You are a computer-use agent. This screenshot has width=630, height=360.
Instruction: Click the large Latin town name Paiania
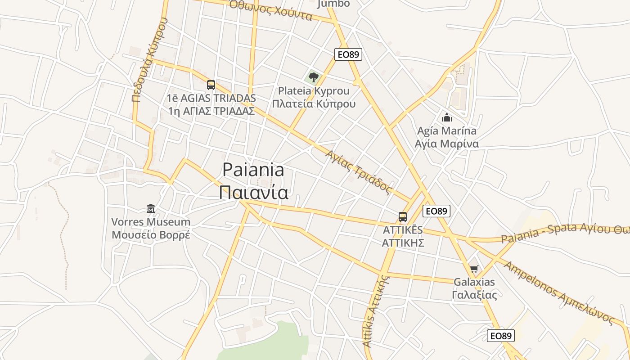pyautogui.click(x=253, y=170)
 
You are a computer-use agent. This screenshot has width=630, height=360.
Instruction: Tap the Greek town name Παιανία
pyautogui.click(x=253, y=192)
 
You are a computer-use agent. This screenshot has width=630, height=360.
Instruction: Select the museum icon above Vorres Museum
pyautogui.click(x=151, y=208)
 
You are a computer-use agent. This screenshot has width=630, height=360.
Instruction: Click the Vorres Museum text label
pyautogui.click(x=151, y=222)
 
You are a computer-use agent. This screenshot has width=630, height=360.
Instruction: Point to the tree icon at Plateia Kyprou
pyautogui.click(x=314, y=77)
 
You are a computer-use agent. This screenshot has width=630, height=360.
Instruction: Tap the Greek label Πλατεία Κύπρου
pyautogui.click(x=314, y=104)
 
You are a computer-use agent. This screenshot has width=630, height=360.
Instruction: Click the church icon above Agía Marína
pyautogui.click(x=447, y=118)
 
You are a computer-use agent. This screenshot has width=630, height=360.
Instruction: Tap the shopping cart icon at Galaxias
pyautogui.click(x=474, y=269)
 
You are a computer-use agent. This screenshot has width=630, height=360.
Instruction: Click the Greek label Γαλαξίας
pyautogui.click(x=474, y=295)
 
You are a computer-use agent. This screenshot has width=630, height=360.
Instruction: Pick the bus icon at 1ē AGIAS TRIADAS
pyautogui.click(x=211, y=85)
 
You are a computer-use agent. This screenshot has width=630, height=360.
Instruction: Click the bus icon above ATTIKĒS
pyautogui.click(x=403, y=217)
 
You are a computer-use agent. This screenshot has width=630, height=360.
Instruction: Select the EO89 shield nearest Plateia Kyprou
pyautogui.click(x=348, y=54)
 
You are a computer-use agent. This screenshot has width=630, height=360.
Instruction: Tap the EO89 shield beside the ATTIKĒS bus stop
pyautogui.click(x=436, y=211)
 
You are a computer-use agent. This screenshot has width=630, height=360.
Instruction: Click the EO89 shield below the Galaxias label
pyautogui.click(x=500, y=335)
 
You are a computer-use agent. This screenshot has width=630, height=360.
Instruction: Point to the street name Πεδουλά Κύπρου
pyautogui.click(x=150, y=59)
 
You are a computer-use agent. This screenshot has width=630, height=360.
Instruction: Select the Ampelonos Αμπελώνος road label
pyautogui.click(x=558, y=292)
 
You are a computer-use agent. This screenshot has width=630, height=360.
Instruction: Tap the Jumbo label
pyautogui.click(x=333, y=4)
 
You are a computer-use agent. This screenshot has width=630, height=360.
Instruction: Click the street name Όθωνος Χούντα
pyautogui.click(x=270, y=10)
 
